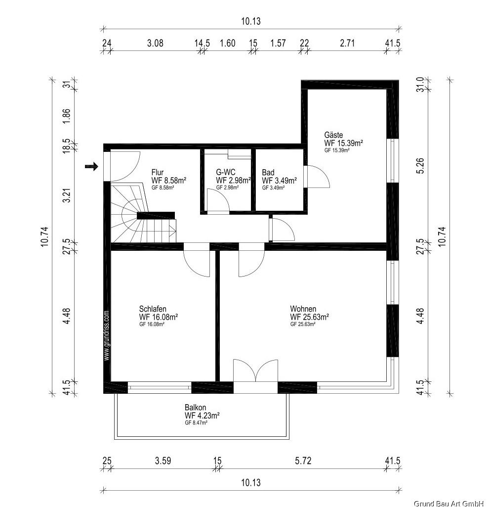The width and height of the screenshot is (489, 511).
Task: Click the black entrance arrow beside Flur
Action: pyautogui.click(x=91, y=167)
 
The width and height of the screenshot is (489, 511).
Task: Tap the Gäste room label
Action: pyautogui.click(x=333, y=135)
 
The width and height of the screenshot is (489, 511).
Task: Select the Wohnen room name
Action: pyautogui.click(x=303, y=309)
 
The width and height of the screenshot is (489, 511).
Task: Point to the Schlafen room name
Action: pyautogui.click(x=153, y=309)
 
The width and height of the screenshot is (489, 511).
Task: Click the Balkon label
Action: pyautogui.click(x=195, y=408)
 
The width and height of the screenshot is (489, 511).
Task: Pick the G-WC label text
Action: pyautogui.click(x=225, y=172)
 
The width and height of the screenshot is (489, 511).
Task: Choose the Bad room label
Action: pyautogui.click(x=268, y=172)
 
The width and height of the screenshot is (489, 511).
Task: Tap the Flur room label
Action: pyautogui.click(x=158, y=172)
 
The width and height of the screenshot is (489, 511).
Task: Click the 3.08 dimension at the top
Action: pyautogui.click(x=155, y=43)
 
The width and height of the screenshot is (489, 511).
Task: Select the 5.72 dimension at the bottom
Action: pyautogui.click(x=303, y=461)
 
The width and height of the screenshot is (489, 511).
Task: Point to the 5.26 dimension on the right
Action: pyautogui.click(x=420, y=166)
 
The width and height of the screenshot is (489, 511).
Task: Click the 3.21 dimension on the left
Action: pyautogui.click(x=66, y=194)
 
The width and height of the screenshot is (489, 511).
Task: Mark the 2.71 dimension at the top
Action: pyautogui.click(x=347, y=43)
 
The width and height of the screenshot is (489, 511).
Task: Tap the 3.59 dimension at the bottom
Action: pyautogui.click(x=163, y=461)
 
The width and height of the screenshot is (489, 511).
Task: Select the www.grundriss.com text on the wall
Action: pyautogui.click(x=106, y=335)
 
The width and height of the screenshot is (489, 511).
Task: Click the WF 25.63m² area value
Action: pyautogui.click(x=309, y=317)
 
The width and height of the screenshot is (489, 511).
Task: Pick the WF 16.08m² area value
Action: pyautogui.click(x=159, y=317)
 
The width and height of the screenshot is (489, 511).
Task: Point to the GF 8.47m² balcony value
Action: pyautogui.click(x=196, y=422)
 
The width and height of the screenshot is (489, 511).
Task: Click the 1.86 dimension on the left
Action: pyautogui.click(x=66, y=116)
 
